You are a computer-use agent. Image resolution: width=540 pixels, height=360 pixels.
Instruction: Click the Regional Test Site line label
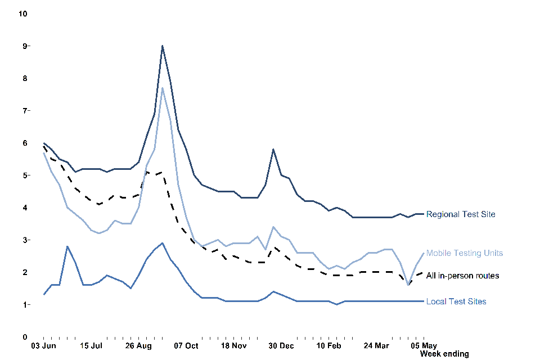click(461, 214)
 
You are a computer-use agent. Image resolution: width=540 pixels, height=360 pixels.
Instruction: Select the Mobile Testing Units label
click(465, 253)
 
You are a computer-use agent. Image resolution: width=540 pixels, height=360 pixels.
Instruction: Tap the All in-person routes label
click(463, 276)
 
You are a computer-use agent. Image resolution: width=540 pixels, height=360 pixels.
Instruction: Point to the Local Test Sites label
click(456, 302)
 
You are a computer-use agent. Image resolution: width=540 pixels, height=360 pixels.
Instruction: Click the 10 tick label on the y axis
click(23, 13)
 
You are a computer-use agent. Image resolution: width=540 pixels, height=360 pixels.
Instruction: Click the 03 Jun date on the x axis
click(43, 345)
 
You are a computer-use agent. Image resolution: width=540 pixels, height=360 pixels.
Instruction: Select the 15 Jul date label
click(91, 345)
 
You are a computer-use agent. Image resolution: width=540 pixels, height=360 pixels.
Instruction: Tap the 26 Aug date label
click(138, 345)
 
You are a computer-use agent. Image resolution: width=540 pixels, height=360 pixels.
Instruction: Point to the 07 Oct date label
click(186, 345)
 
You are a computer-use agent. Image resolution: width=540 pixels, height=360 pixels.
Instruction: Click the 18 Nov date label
click(233, 345)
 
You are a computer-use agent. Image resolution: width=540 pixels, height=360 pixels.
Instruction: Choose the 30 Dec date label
click(281, 345)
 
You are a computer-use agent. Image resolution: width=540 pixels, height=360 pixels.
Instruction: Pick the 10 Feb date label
click(328, 345)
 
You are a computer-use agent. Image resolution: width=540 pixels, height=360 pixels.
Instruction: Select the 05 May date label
click(424, 345)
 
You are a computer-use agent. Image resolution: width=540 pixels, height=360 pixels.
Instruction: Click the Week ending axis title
click(444, 354)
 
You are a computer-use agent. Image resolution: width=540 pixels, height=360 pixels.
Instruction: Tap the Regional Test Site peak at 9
click(163, 46)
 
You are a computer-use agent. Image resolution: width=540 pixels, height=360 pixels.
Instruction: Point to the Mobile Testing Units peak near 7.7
click(163, 88)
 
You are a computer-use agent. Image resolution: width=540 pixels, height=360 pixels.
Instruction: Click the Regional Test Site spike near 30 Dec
click(273, 150)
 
